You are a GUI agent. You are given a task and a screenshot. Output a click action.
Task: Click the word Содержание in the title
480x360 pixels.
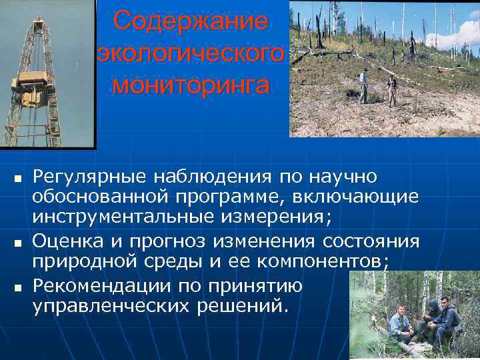[191, 21]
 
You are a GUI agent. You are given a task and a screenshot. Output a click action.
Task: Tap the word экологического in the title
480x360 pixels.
[191, 53]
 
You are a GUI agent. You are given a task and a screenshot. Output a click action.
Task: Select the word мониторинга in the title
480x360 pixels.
[191, 85]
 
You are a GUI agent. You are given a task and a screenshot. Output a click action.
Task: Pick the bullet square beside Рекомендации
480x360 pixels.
[19, 287]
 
